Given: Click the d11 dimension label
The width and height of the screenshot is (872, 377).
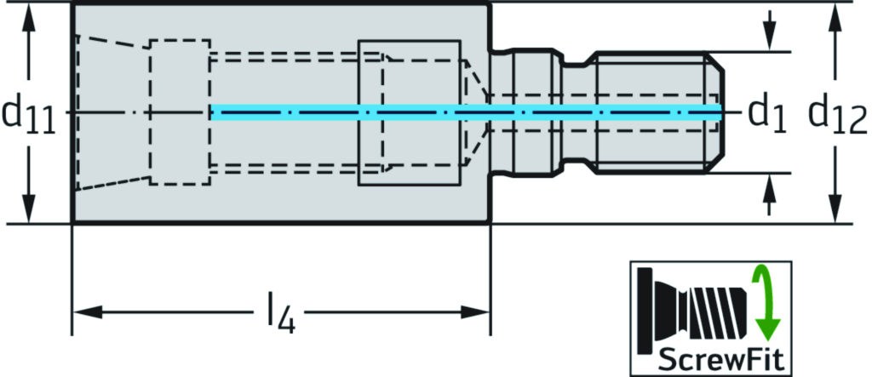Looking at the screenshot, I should coord(28,115).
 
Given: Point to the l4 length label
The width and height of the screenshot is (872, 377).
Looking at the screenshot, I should coord(278,315).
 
